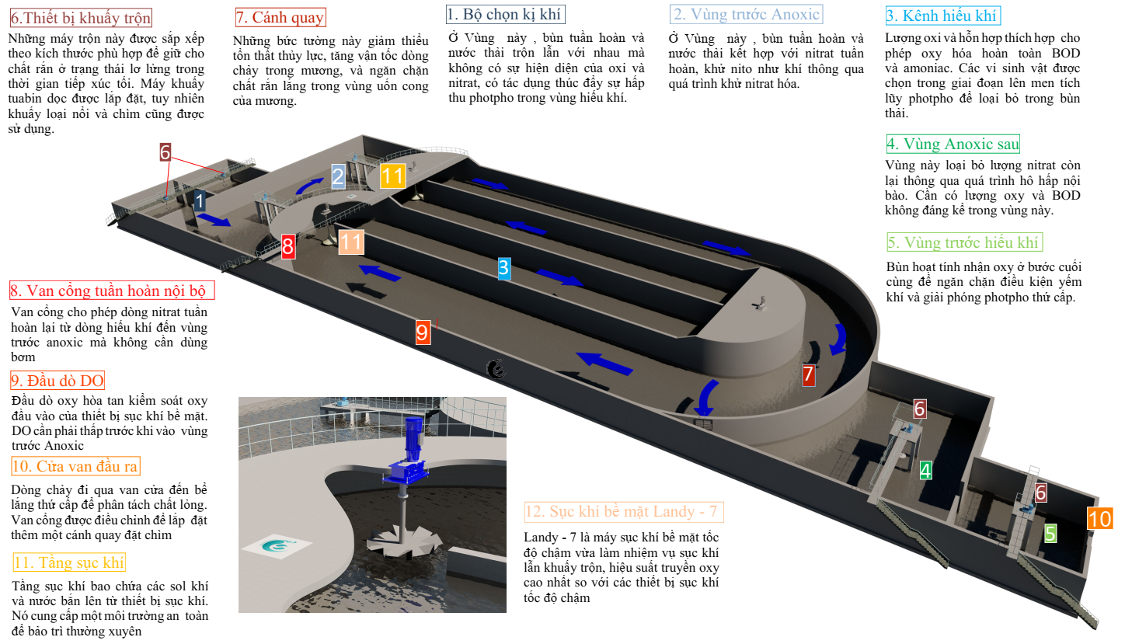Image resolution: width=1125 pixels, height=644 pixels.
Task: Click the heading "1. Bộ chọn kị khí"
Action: click(x=505, y=14)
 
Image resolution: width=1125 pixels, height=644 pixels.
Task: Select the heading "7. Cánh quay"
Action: click(x=280, y=17)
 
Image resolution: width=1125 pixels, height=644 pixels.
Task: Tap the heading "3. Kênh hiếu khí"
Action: click(x=942, y=16)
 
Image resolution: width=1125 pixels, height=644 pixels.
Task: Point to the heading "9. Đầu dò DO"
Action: click(x=57, y=381)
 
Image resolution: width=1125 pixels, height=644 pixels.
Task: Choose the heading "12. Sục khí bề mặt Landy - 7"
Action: click(x=623, y=511)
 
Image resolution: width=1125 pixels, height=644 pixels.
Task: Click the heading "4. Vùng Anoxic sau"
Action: click(x=953, y=144)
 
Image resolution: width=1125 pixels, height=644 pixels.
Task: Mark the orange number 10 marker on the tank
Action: click(x=1100, y=519)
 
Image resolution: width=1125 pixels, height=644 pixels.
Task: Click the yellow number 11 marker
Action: click(x=392, y=176)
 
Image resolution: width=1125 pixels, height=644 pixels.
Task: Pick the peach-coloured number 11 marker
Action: click(x=351, y=242)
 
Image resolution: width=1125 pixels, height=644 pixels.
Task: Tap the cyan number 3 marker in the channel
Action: click(x=504, y=268)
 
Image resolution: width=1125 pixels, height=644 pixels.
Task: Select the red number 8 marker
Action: click(x=287, y=247)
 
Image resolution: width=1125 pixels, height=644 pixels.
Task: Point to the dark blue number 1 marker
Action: click(x=200, y=201)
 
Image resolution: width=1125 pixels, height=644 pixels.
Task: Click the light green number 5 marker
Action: click(x=1050, y=533)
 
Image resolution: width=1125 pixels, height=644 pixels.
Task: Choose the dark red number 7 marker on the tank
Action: click(x=808, y=374)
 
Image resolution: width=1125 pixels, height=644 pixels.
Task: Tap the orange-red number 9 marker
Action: click(x=423, y=332)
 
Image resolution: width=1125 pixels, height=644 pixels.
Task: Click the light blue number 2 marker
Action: click(x=338, y=176)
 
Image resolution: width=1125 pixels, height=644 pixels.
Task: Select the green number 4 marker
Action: click(x=925, y=470)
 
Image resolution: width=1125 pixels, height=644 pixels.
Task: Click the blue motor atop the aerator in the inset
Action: click(x=413, y=439)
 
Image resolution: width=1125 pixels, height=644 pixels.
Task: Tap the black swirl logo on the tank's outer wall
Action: click(x=496, y=369)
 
